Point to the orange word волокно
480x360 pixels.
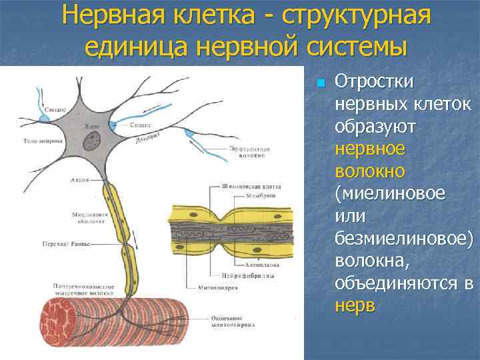[x=370, y=171]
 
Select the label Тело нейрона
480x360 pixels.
[x=43, y=141]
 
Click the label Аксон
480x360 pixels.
[x=80, y=181]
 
